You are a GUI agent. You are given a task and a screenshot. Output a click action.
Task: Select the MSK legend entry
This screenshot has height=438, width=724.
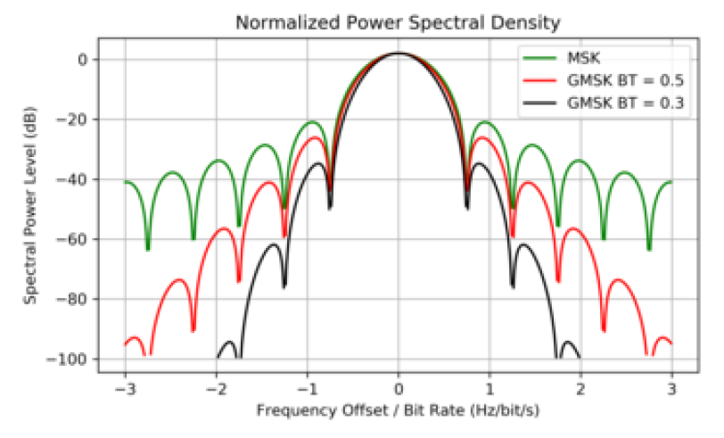pyautogui.click(x=584, y=61)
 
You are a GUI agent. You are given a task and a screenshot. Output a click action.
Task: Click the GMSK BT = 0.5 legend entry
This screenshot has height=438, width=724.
pyautogui.click(x=625, y=82)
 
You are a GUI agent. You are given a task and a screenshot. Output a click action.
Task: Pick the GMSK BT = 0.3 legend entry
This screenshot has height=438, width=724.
pyautogui.click(x=625, y=103)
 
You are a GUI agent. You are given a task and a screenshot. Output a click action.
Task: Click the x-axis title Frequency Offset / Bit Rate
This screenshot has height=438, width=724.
pyautogui.click(x=398, y=411)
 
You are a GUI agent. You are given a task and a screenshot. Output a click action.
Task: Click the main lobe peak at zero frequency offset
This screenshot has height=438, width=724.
pyautogui.click(x=399, y=54)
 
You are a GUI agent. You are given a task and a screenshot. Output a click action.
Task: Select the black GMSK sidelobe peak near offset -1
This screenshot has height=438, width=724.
pyautogui.click(x=317, y=163)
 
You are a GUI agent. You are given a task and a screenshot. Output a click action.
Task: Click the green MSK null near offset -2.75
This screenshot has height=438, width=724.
pyautogui.click(x=148, y=249)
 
